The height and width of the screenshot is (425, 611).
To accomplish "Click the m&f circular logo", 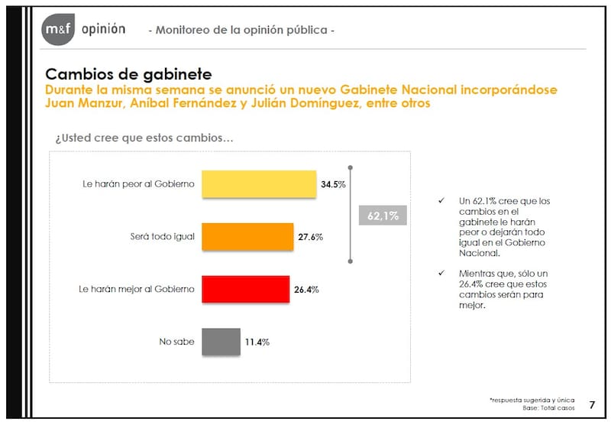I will click(x=57, y=30).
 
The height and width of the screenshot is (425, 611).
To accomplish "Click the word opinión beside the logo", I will click(x=102, y=29).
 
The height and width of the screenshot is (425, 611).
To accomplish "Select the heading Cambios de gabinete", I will click(x=128, y=74).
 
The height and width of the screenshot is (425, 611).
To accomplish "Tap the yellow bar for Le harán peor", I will click(x=259, y=184).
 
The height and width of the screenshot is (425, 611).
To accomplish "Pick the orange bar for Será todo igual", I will click(x=247, y=237).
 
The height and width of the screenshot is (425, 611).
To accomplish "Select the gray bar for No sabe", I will click(x=220, y=342).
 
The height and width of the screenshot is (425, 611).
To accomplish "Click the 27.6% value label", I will click(x=310, y=238).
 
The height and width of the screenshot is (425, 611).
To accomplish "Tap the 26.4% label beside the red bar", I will click(x=306, y=290).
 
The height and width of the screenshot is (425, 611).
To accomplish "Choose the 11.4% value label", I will click(x=257, y=342).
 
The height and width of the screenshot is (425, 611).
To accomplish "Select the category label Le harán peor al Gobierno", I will click(x=138, y=185).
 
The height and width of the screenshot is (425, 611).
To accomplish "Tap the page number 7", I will click(x=592, y=404).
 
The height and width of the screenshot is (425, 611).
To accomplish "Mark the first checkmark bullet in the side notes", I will click(x=441, y=201).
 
